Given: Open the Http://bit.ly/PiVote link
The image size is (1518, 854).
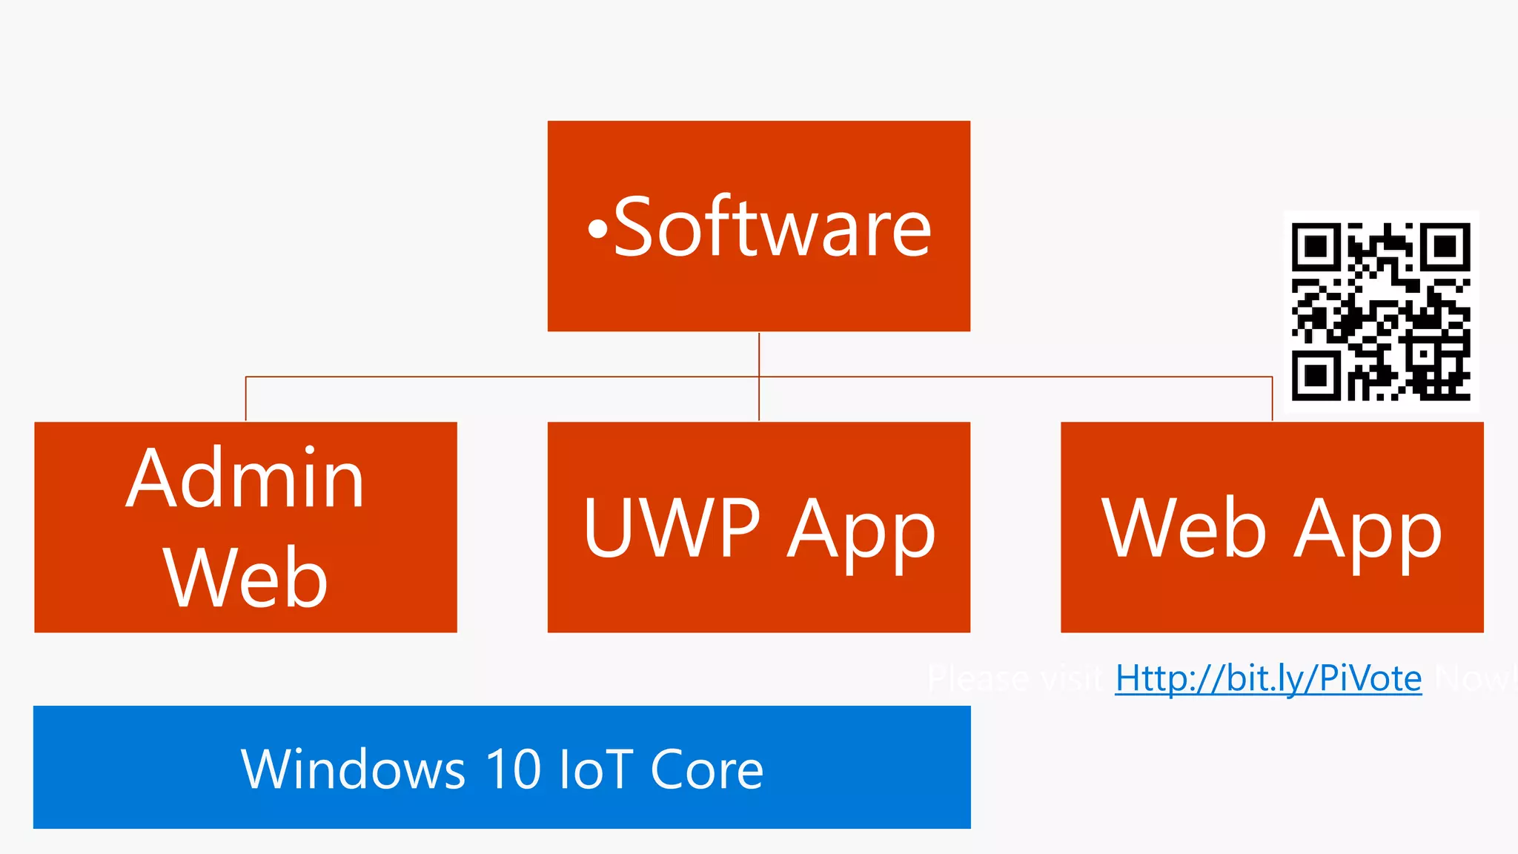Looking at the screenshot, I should [x=1268, y=678].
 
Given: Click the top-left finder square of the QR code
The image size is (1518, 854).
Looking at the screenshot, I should [x=1316, y=246].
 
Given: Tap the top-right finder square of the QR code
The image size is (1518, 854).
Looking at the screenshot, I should [x=1446, y=246].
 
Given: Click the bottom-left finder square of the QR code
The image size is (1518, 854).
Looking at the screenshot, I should [x=1316, y=377].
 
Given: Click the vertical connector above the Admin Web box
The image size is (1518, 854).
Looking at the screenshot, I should [x=246, y=399].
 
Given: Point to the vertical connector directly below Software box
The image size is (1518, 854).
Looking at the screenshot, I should [x=759, y=354].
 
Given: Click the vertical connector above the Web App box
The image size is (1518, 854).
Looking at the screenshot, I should [x=1272, y=399].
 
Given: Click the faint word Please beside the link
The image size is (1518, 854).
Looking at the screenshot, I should [x=978, y=678].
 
